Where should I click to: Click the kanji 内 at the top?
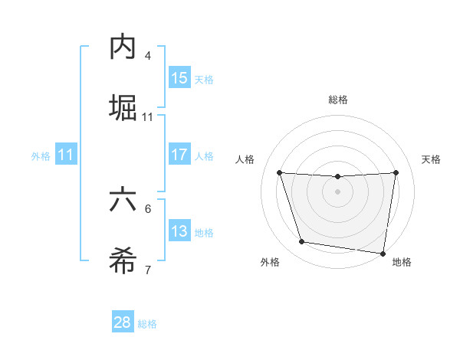(x=123, y=47)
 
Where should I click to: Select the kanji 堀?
(x=123, y=108)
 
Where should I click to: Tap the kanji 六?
(x=123, y=200)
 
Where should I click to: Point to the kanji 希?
(x=123, y=260)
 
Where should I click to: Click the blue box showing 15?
(x=179, y=78)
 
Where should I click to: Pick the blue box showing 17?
(x=179, y=155)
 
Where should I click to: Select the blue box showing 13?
(x=179, y=231)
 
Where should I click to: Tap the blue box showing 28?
(x=123, y=322)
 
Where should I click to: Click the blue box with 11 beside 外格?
(x=66, y=155)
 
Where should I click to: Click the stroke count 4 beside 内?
(x=148, y=56)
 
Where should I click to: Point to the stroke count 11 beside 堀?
(x=148, y=117)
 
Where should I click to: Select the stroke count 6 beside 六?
(x=148, y=208)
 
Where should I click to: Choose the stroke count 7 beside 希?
(x=148, y=270)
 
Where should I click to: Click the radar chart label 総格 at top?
(x=338, y=100)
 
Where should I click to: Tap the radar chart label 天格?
(x=432, y=159)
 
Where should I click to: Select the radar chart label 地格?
(x=402, y=262)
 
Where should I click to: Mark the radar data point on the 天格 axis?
(x=396, y=172)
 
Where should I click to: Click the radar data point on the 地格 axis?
(x=383, y=253)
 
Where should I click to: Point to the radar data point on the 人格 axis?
(x=280, y=172)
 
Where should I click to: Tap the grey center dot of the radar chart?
(x=338, y=191)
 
